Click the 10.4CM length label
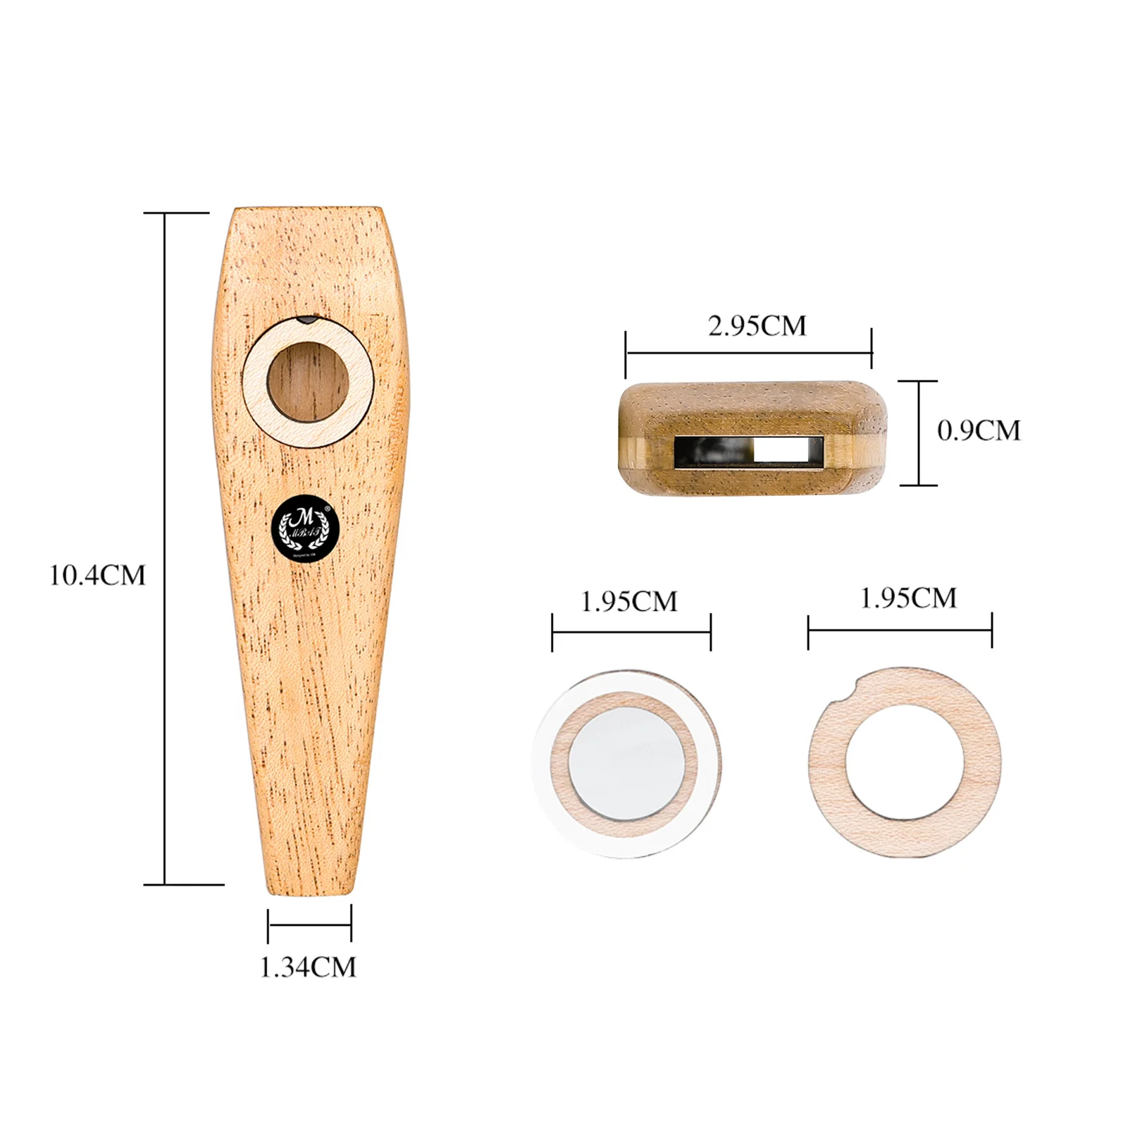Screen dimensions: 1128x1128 point(97,576)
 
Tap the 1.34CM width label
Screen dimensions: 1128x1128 point(308,967)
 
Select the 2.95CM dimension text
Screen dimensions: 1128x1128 point(757,326)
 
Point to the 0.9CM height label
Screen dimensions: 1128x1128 point(979,430)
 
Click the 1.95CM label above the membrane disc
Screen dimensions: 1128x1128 point(628,602)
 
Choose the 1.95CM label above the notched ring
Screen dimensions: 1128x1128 point(908,598)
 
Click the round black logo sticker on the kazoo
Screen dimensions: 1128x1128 point(306,528)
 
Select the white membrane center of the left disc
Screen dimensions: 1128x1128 point(626,764)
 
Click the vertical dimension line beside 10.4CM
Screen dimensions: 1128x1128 point(165,550)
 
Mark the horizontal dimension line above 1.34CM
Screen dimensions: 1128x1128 point(309,924)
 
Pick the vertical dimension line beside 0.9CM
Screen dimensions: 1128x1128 point(919,433)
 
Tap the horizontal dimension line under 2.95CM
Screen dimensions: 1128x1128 point(748,352)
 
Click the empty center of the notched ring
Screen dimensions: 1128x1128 point(905,762)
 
